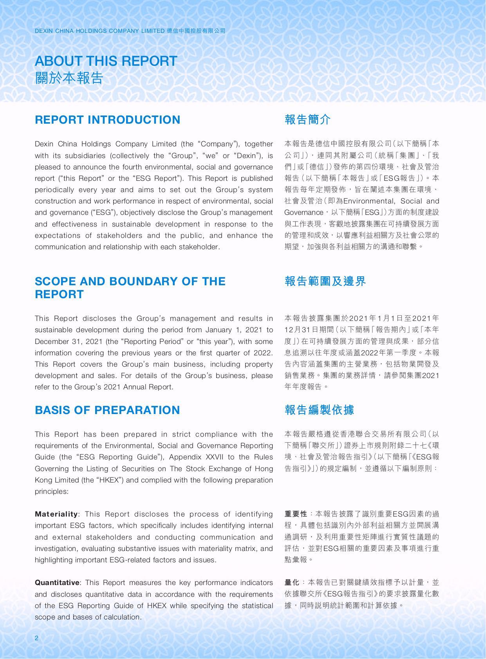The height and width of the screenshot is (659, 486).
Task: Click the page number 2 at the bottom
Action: [36, 638]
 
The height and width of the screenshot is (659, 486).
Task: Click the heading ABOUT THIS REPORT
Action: [106, 61]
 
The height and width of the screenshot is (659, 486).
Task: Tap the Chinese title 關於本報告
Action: [69, 78]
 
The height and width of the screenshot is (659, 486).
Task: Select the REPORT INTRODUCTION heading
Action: [107, 120]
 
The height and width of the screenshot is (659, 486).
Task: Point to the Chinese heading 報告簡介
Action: [308, 120]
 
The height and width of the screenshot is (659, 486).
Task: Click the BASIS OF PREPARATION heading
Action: [107, 410]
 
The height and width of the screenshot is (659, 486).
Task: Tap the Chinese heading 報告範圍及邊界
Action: [325, 281]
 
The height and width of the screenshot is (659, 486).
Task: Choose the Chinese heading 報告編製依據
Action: [320, 410]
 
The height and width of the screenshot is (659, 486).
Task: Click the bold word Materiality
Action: [56, 514]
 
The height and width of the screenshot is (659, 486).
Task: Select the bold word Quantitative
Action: [57, 583]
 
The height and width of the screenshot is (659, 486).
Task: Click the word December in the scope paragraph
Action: [50, 341]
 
